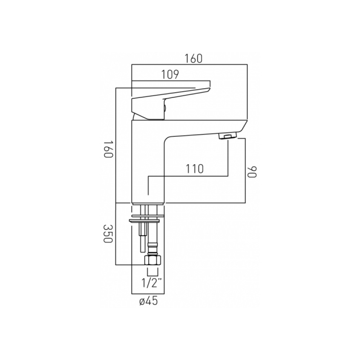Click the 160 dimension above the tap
pos(194,58)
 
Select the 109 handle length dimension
pos(170,75)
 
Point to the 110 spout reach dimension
pos(195,168)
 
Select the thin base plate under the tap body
pos(148,204)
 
